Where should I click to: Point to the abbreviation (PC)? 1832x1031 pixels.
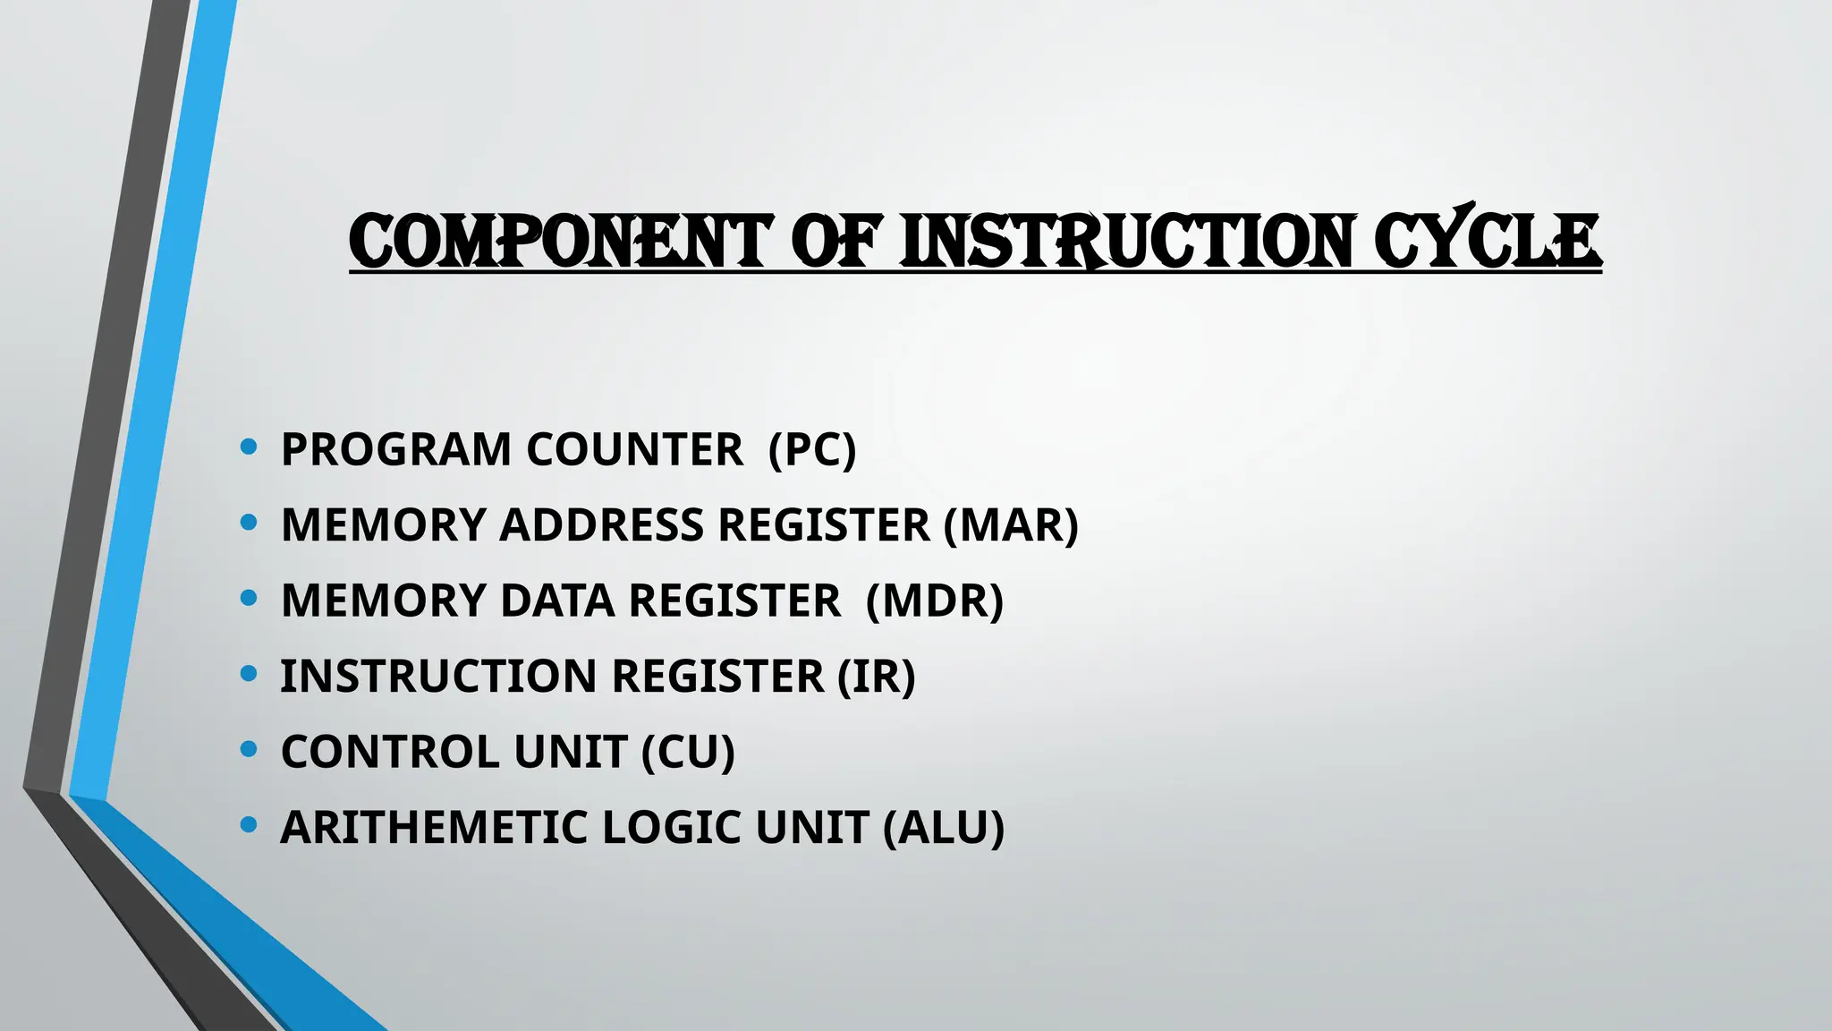click(812, 449)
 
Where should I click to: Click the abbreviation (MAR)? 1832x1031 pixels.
click(1011, 524)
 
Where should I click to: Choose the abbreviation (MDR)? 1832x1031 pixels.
click(935, 601)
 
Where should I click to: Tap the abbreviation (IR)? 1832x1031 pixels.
click(877, 676)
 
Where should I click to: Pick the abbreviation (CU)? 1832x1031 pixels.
click(688, 752)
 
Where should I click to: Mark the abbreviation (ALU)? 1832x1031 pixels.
click(944, 827)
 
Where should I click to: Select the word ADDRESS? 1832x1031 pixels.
click(602, 524)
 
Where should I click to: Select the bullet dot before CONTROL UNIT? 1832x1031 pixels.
click(250, 748)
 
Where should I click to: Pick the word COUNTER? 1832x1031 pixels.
click(634, 449)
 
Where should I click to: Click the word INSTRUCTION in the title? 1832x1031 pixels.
click(1126, 241)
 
